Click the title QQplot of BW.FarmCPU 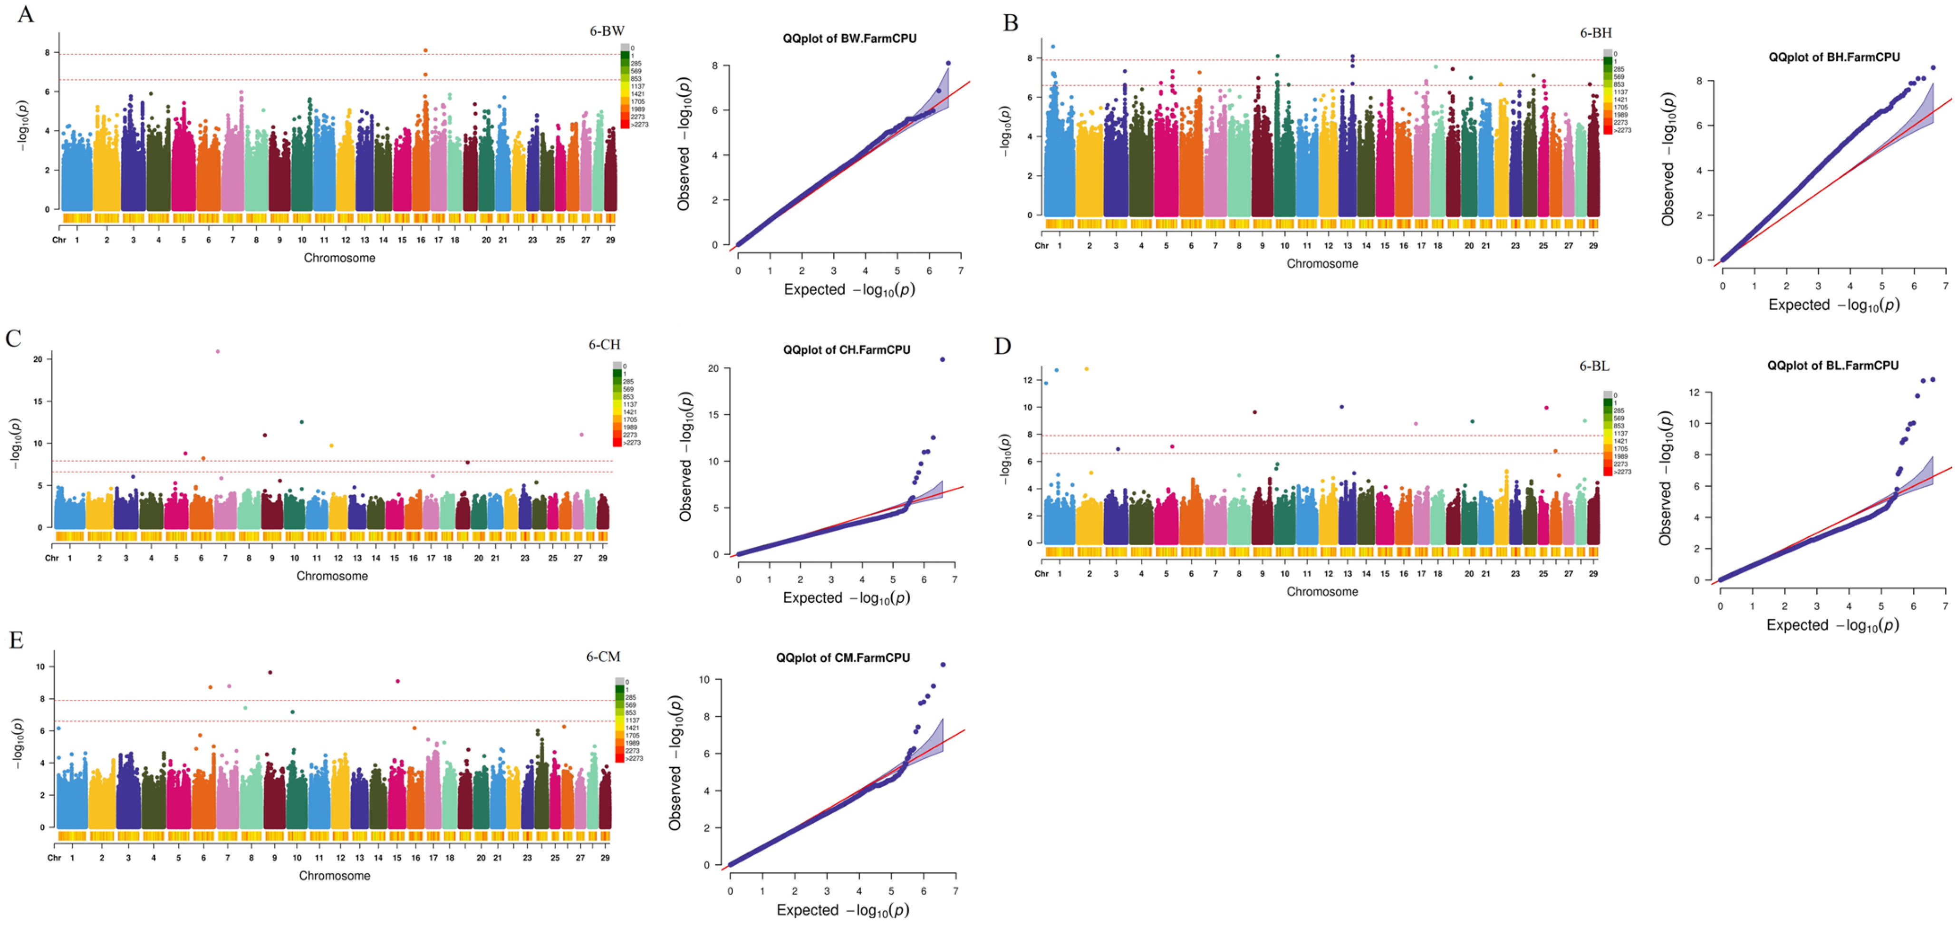coord(849,39)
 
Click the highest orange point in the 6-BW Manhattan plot coord(425,50)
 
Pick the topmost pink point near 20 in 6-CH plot coord(218,351)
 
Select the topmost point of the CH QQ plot coord(943,359)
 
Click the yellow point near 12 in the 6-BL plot coord(1086,369)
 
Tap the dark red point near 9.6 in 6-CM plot coord(270,673)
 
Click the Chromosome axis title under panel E coord(334,875)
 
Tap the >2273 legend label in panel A coord(639,125)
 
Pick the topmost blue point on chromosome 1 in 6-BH coord(1053,47)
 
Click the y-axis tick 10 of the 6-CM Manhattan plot coord(40,666)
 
